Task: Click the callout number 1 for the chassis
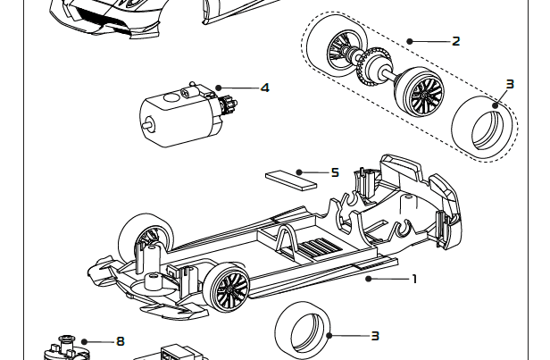tap(414, 279)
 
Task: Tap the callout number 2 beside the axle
tap(456, 41)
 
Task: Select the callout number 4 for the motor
tap(265, 88)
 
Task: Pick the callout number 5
tap(335, 172)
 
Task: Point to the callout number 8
tap(121, 340)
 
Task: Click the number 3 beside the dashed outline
tap(510, 85)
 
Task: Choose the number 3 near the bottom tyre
tap(375, 336)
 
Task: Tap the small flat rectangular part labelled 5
tap(291, 178)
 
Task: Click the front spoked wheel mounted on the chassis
tap(227, 288)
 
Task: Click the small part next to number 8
tap(63, 347)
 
